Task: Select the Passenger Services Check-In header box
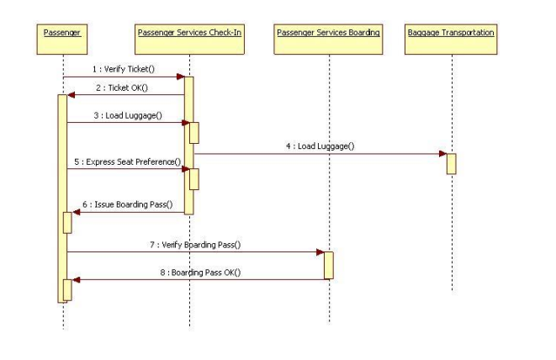[x=189, y=32]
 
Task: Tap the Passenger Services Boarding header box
[x=329, y=32]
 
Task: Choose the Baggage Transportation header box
[x=451, y=32]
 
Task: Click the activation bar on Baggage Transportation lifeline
[x=451, y=163]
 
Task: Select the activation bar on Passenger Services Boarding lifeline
[x=329, y=264]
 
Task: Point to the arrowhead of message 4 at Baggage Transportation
[x=442, y=154]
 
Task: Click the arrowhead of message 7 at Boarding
[x=320, y=251]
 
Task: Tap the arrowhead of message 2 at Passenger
[x=71, y=95]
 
